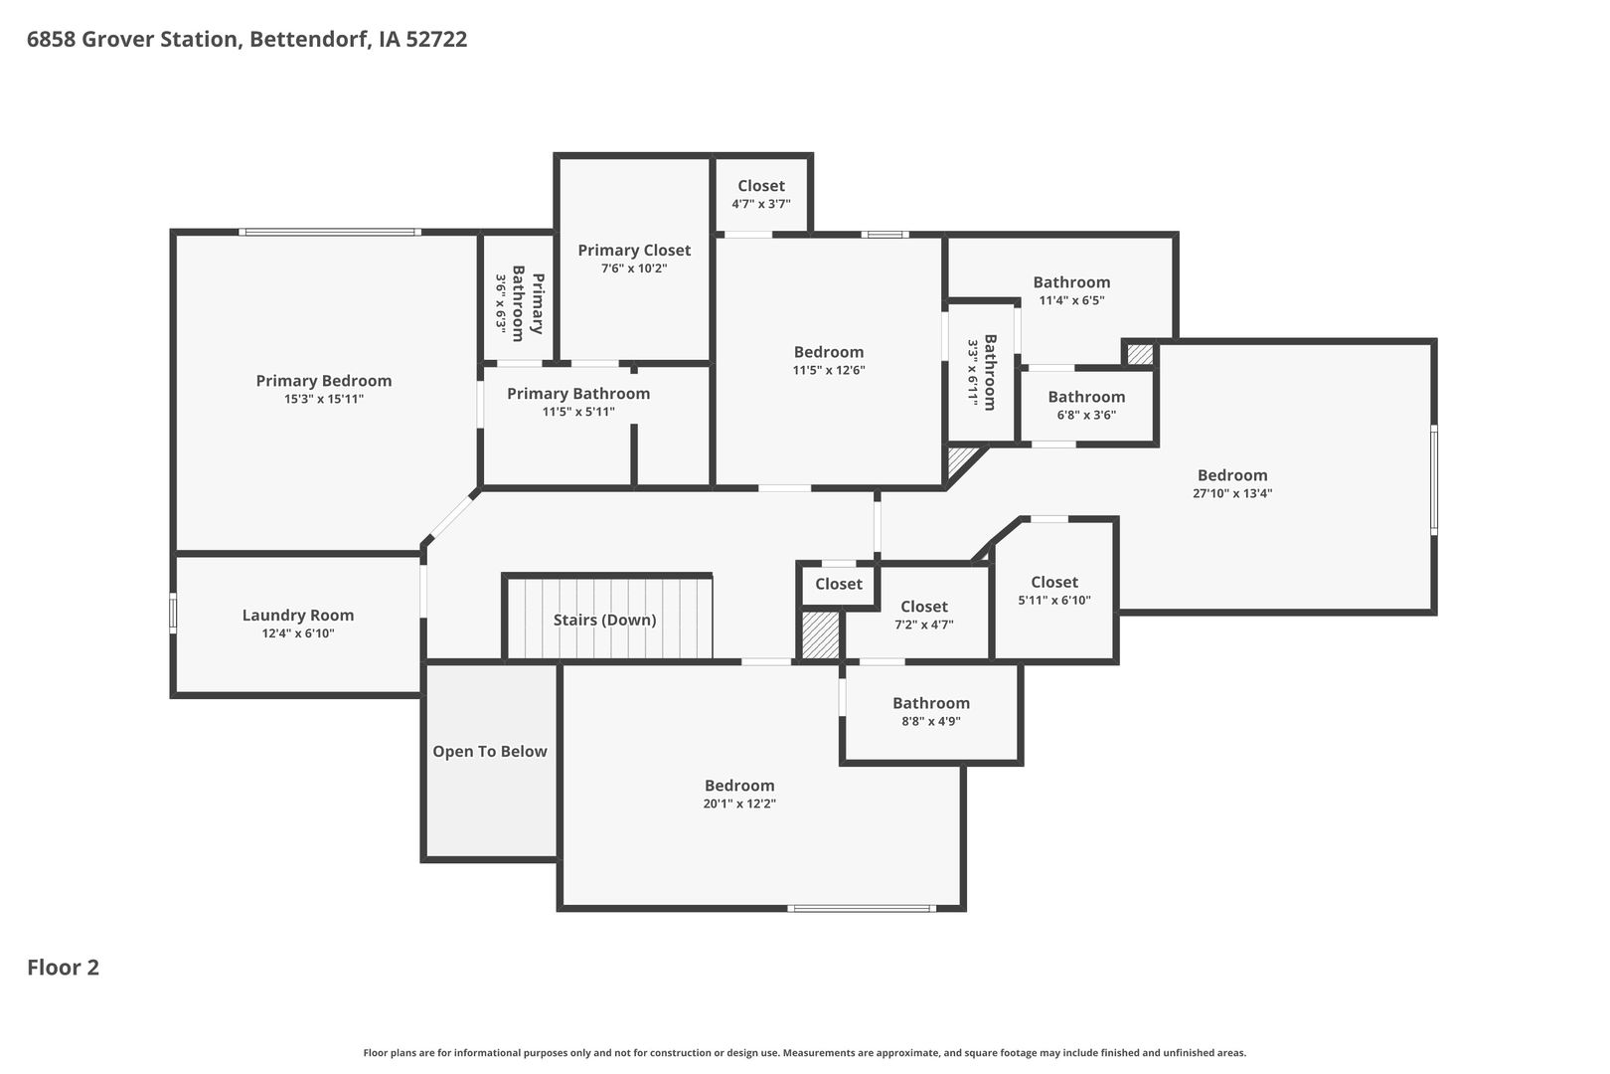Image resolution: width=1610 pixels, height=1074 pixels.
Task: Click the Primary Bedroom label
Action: click(x=323, y=381)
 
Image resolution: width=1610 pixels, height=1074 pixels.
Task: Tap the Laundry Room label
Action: click(x=297, y=615)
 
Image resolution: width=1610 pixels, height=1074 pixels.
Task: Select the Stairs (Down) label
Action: click(x=604, y=620)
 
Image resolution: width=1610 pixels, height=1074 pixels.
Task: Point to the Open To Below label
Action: click(x=490, y=751)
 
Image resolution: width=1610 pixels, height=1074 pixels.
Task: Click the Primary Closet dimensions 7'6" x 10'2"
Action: click(x=634, y=268)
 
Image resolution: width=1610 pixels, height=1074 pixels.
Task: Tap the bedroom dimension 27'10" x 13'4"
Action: click(x=1232, y=493)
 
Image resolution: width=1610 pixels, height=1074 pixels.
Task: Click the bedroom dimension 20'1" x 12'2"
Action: click(x=738, y=804)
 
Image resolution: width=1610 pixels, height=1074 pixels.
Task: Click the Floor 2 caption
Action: click(x=64, y=968)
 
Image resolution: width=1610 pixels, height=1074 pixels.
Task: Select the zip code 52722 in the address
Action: click(x=436, y=39)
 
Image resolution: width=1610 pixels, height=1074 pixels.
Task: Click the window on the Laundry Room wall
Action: click(x=173, y=613)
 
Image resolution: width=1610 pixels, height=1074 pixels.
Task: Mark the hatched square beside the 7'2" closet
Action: click(x=820, y=635)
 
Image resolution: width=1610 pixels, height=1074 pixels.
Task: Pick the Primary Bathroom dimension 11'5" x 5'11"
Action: click(x=577, y=412)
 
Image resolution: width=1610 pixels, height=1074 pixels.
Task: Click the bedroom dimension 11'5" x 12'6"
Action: click(x=828, y=371)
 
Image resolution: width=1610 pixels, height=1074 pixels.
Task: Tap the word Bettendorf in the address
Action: click(x=310, y=39)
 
